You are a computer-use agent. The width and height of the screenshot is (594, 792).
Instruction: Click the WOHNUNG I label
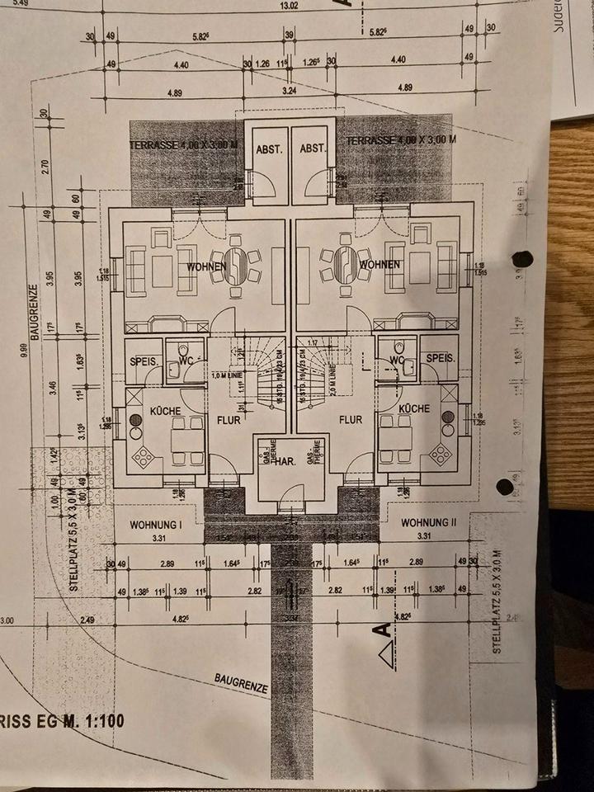[x=155, y=524]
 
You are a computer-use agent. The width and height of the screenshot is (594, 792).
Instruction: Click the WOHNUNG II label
[x=428, y=523]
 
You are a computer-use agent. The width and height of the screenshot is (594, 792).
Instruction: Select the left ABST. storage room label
[x=270, y=149]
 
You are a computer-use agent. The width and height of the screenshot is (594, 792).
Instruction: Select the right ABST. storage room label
[x=314, y=149]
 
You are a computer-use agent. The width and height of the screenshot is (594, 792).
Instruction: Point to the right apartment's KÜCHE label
[x=413, y=408]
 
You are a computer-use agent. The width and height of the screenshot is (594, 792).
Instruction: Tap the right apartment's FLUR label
[x=351, y=419]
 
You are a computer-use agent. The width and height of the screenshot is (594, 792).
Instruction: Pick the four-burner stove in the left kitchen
[x=144, y=456]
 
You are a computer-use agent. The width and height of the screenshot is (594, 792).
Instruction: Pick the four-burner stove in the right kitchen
[x=441, y=453]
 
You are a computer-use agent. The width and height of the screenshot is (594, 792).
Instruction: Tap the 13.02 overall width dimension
[x=289, y=5]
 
